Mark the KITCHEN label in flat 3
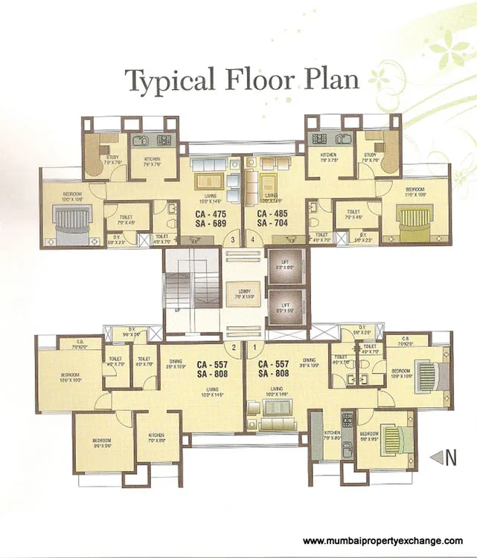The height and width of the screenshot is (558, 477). (x=144, y=159)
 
